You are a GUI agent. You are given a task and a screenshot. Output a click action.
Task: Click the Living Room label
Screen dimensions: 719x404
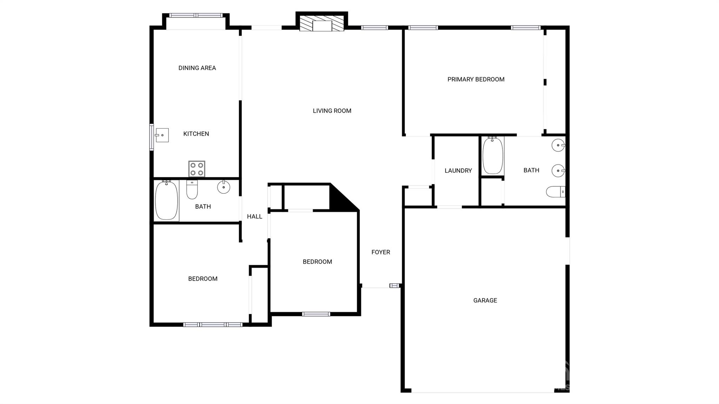tap(332, 111)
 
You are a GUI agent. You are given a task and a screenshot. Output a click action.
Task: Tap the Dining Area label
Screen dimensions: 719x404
tap(197, 68)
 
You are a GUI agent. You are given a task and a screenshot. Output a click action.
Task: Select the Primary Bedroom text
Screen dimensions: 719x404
tap(476, 80)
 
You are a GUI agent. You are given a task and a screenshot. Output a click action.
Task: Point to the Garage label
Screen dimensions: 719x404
tap(485, 300)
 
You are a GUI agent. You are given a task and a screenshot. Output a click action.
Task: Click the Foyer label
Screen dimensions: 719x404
tap(381, 252)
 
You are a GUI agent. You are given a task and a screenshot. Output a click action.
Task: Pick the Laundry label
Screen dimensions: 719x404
tap(458, 171)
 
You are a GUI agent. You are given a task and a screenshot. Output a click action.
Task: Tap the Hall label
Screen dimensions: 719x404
tap(255, 217)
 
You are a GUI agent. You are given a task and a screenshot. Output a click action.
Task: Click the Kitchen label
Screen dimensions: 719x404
tap(196, 134)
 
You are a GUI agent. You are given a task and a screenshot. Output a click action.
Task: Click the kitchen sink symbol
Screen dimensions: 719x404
tap(162, 135)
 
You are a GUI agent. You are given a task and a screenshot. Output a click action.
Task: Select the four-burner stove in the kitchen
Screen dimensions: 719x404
tap(197, 169)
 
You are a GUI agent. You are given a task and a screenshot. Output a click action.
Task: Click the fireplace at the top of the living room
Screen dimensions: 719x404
tap(322, 24)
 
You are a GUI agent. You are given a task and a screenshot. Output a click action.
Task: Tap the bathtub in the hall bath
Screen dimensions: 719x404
tap(166, 200)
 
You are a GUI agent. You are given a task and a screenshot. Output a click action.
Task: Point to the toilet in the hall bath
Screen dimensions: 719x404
tap(192, 190)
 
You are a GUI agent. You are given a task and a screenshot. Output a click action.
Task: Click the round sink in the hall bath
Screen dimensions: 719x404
tap(224, 187)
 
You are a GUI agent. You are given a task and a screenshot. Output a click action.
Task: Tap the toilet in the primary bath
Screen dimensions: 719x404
tap(555, 192)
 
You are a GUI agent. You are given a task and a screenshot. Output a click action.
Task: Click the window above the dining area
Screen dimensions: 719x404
tap(196, 15)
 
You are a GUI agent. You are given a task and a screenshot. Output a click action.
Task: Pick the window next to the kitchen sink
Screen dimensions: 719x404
tap(152, 137)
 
